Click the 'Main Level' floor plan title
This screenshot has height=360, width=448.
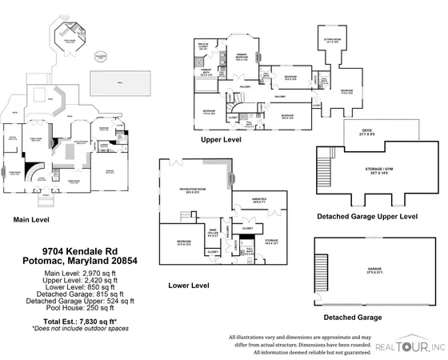click(x=30, y=218)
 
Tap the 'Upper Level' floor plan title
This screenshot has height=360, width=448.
click(x=222, y=138)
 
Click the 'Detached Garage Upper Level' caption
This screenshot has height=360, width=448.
click(x=367, y=216)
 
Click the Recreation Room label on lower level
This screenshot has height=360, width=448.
click(x=189, y=191)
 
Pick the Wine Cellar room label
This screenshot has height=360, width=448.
click(x=214, y=233)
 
